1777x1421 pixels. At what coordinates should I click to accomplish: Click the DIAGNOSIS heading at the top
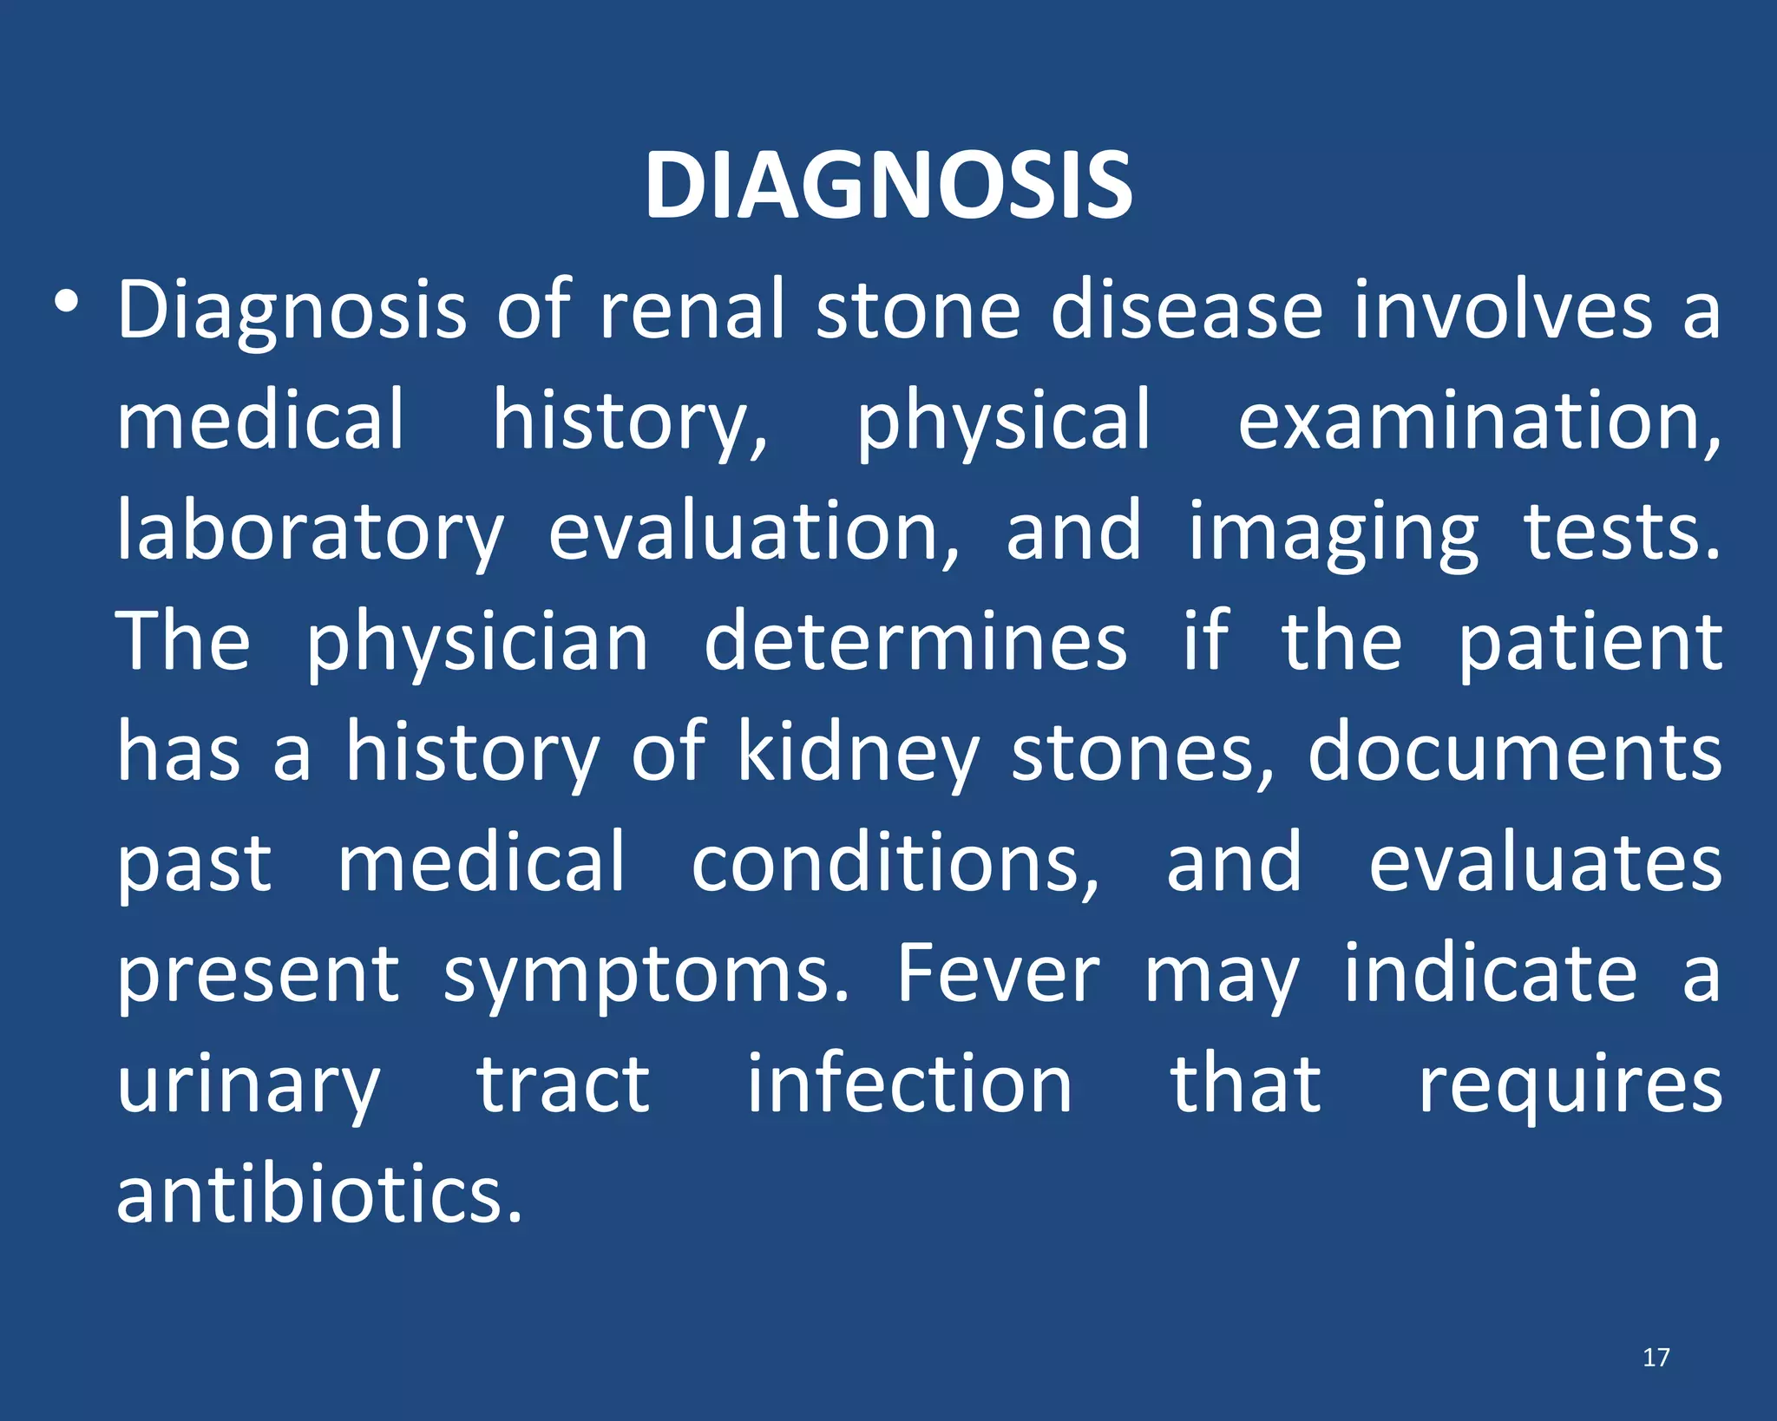(x=888, y=186)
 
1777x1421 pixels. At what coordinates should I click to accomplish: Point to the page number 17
(x=1656, y=1358)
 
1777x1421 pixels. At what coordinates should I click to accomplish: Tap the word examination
(x=1479, y=420)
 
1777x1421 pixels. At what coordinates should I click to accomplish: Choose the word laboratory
(x=310, y=531)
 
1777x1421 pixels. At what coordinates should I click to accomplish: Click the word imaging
(x=1333, y=531)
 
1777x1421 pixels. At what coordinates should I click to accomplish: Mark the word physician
(x=477, y=642)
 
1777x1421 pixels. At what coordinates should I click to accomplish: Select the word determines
(x=915, y=642)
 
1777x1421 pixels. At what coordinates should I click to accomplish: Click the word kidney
(x=859, y=752)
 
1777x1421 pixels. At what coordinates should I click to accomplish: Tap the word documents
(x=1515, y=752)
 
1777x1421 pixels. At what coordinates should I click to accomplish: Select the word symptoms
(x=646, y=975)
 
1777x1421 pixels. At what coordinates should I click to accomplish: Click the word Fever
(x=998, y=973)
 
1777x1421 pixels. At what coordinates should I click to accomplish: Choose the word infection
(x=909, y=1084)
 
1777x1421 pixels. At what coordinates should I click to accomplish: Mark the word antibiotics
(x=319, y=1195)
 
